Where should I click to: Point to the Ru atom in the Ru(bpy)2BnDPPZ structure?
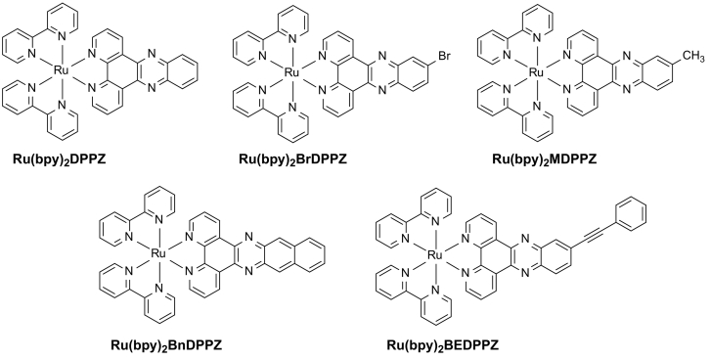tap(157, 253)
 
